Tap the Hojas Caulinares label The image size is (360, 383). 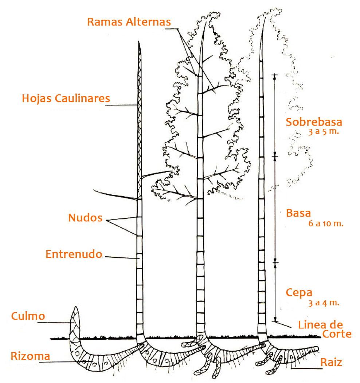pyautogui.click(x=66, y=98)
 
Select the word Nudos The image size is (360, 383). pyautogui.click(x=85, y=218)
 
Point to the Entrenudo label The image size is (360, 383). pyautogui.click(x=74, y=254)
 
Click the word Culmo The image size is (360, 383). pyautogui.click(x=28, y=316)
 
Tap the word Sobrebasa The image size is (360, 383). pyautogui.click(x=314, y=122)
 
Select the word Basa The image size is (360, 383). pyautogui.click(x=298, y=213)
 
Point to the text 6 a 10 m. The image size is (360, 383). pyautogui.click(x=326, y=224)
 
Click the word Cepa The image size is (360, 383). pyautogui.click(x=299, y=292)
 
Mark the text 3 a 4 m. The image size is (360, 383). pyautogui.click(x=324, y=303)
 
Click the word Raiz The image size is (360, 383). pyautogui.click(x=331, y=362)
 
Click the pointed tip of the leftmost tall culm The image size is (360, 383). pyautogui.click(x=139, y=43)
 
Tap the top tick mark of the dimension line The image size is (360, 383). pyautogui.click(x=275, y=75)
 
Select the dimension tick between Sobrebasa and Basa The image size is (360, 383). pyautogui.click(x=275, y=157)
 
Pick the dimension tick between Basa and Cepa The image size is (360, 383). pyautogui.click(x=275, y=262)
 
